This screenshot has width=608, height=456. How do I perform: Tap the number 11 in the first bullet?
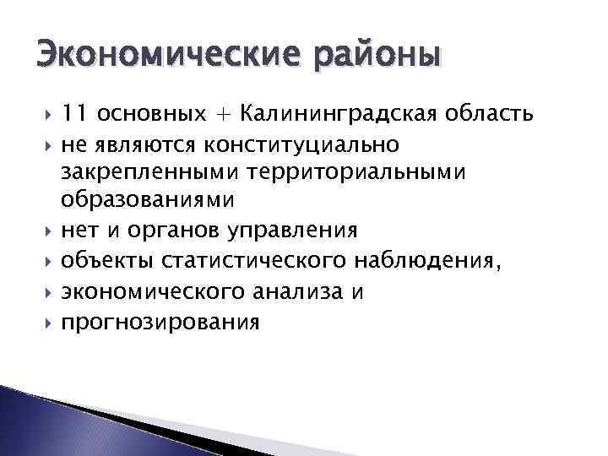(74, 113)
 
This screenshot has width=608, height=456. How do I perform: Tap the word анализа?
(280, 291)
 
